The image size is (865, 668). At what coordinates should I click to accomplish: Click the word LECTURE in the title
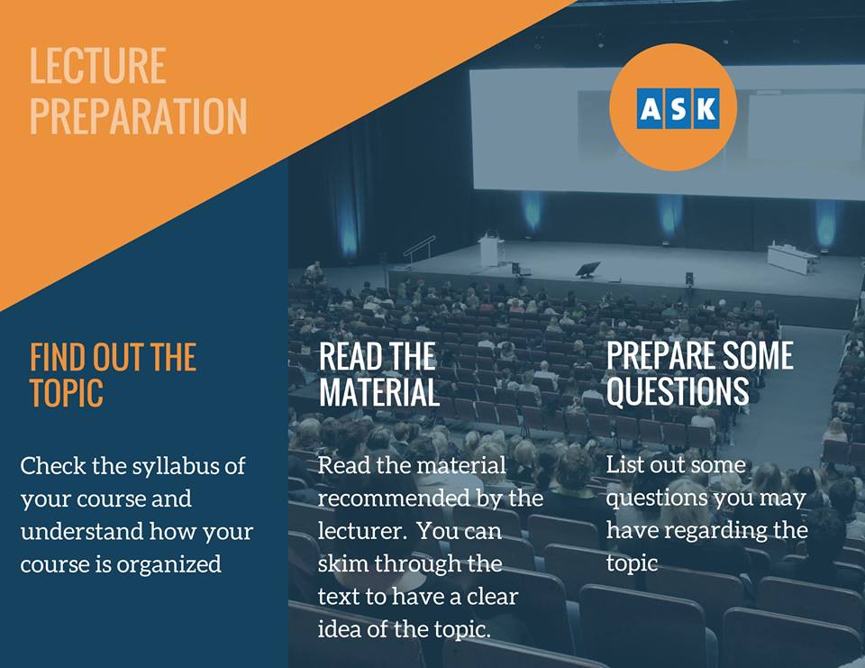[x=97, y=66]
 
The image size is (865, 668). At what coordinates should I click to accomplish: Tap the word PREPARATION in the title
[x=139, y=116]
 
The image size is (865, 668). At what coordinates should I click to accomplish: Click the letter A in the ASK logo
[x=651, y=109]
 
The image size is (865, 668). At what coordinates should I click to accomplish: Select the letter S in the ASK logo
[x=678, y=109]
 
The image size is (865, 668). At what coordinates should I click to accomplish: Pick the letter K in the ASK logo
[x=706, y=109]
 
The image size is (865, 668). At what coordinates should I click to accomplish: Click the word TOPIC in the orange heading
[x=66, y=392]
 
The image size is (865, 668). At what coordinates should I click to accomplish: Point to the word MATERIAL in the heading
[x=379, y=392]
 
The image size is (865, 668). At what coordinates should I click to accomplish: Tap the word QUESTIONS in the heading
[x=678, y=391]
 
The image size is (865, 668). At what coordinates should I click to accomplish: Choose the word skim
[x=341, y=563]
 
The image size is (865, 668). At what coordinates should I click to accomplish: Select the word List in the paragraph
[x=624, y=464]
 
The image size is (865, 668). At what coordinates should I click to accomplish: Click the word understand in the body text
[x=82, y=532]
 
